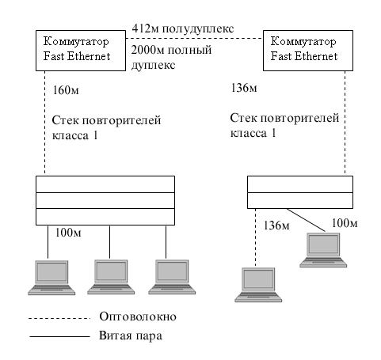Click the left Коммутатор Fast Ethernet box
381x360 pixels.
pos(81,51)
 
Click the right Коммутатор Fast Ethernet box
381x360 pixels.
pos(308,51)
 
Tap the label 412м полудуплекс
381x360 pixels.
pos(183,28)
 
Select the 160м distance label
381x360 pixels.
pos(66,90)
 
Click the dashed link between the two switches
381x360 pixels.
pos(194,39)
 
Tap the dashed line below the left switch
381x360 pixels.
pos(44,122)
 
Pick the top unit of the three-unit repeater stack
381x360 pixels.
pos(105,184)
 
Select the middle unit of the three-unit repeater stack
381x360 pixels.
pos(105,200)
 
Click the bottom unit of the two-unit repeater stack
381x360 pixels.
pos(300,200)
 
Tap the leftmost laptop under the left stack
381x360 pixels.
pos(51,278)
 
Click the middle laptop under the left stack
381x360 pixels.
pos(111,277)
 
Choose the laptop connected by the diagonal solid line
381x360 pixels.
pos(323,250)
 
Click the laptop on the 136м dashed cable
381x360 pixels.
pos(258,285)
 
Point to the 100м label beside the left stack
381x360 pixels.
pos(68,233)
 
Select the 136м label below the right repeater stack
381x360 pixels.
pos(276,225)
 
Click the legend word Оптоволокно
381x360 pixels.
pos(138,316)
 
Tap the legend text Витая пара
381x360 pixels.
pos(131,335)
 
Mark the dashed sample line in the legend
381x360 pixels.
pos(59,319)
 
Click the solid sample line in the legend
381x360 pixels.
pos(59,336)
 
